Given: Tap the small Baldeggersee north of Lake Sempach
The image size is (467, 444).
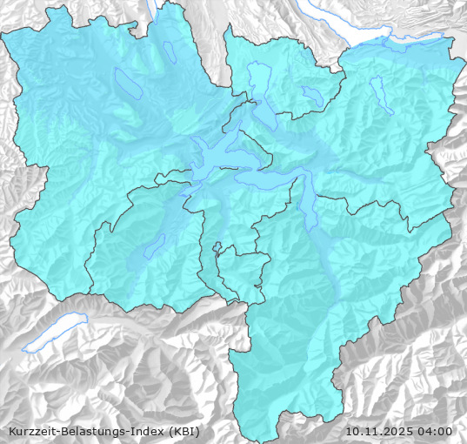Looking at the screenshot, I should tap(170, 52).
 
